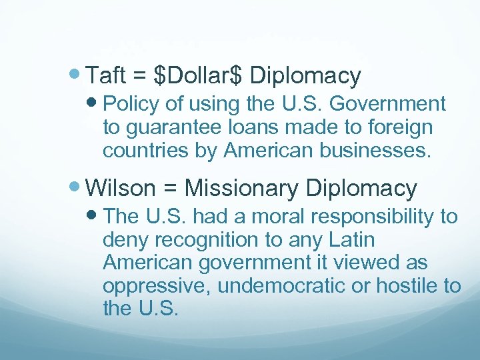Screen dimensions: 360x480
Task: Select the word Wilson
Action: coord(121,189)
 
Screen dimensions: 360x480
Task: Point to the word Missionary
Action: coord(241,189)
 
